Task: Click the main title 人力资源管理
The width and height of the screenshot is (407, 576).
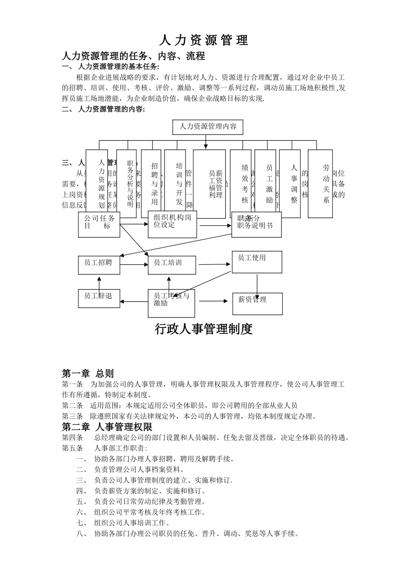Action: point(203,40)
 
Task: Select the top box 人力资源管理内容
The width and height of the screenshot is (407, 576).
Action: point(208,127)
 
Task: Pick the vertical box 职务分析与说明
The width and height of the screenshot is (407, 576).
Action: point(126,183)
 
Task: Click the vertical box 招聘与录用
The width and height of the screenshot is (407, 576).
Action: point(151,183)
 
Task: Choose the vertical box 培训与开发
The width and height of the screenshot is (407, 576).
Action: point(175,183)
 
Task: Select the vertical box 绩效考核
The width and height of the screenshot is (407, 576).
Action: point(240,183)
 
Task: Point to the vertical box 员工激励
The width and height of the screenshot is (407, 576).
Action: point(265,183)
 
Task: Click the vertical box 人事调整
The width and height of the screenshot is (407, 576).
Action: point(290,183)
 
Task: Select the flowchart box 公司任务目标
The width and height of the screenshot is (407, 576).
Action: point(99,224)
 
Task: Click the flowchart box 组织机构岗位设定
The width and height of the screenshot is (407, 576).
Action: point(172,224)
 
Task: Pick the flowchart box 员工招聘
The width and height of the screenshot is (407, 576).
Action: point(99,265)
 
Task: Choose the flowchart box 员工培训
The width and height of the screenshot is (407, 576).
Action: point(171,265)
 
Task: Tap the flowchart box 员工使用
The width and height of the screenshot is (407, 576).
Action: point(257,262)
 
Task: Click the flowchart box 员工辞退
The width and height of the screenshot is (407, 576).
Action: point(99,298)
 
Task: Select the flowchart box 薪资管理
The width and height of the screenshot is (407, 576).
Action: point(257,303)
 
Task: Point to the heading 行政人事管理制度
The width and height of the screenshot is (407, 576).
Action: point(203,329)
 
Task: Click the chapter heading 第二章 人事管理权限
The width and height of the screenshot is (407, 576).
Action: point(107,427)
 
